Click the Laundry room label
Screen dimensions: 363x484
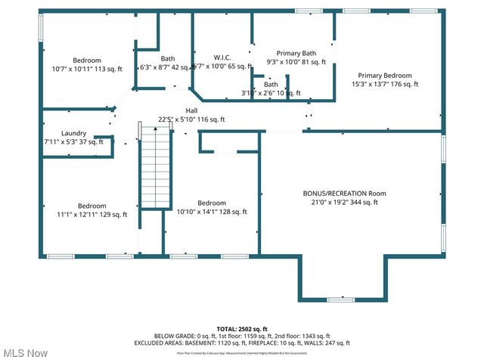click(73, 133)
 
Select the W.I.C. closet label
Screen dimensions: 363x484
click(222, 58)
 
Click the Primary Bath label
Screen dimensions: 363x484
click(296, 53)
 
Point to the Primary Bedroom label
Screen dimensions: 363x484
click(385, 76)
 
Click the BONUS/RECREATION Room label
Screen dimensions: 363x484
click(345, 194)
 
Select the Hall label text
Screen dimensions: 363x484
click(191, 110)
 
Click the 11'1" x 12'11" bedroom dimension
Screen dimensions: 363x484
click(92, 214)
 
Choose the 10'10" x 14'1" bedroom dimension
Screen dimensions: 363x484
click(211, 212)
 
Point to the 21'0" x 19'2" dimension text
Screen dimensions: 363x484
click(345, 202)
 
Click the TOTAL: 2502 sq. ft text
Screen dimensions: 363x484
click(243, 329)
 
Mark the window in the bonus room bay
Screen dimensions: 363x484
click(340, 300)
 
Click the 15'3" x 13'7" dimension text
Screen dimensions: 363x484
click(385, 84)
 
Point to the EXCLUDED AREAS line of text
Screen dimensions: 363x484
click(243, 343)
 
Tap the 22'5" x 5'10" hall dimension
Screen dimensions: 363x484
click(191, 119)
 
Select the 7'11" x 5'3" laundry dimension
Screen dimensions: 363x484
click(73, 141)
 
